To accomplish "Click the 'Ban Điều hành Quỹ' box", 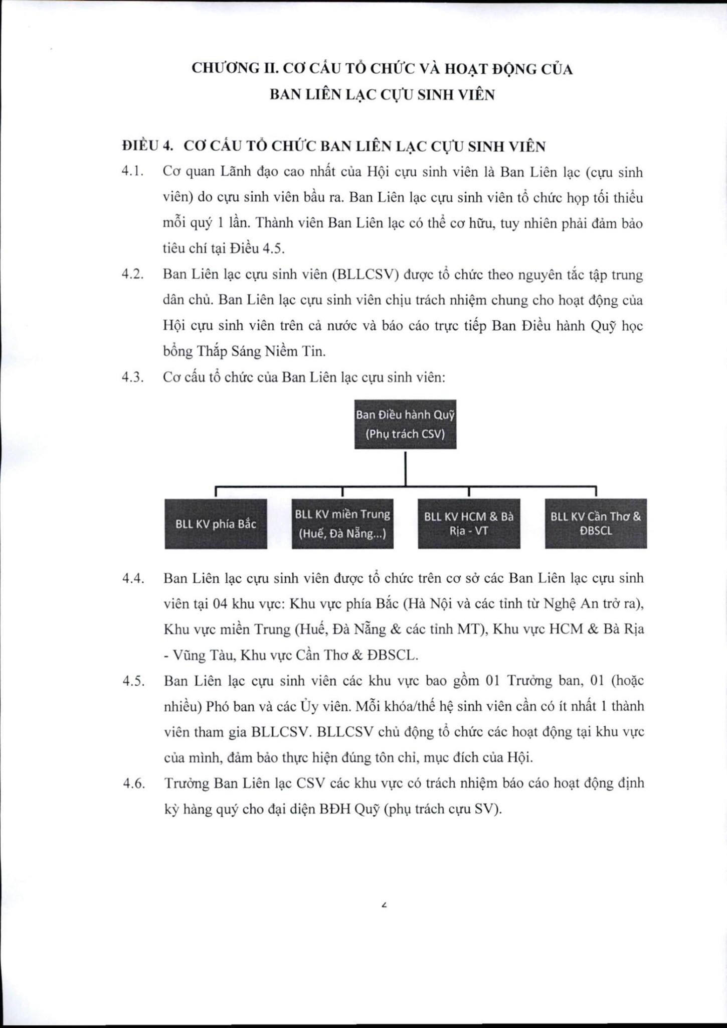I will (x=405, y=424).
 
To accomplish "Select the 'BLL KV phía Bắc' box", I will (x=216, y=524).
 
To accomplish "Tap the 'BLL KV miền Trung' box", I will (x=342, y=524).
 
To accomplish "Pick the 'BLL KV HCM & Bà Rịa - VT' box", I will (x=469, y=524).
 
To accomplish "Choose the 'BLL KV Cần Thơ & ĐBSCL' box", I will (x=596, y=524).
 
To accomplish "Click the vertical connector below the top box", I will (x=405, y=467).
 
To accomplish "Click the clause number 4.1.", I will (x=133, y=172).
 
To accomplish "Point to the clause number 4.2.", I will (x=133, y=275).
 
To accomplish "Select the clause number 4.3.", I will (x=133, y=377).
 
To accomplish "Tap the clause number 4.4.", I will (x=133, y=578).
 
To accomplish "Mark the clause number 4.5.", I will (x=133, y=681).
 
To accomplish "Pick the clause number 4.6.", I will (x=133, y=783).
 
